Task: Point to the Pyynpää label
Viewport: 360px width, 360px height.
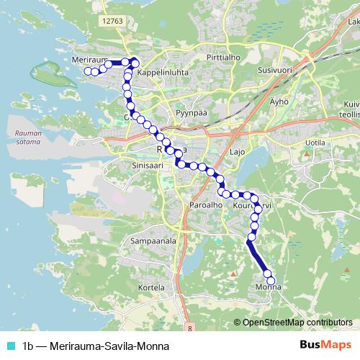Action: point(192,114)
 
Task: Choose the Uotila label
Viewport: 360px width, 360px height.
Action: point(315,143)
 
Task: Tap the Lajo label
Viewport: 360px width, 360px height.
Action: point(238,153)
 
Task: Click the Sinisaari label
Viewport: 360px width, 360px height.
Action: point(129,164)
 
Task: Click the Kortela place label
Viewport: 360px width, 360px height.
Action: point(152,287)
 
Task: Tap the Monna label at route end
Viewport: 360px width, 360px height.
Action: point(268,288)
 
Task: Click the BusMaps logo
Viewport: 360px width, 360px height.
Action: point(326,344)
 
